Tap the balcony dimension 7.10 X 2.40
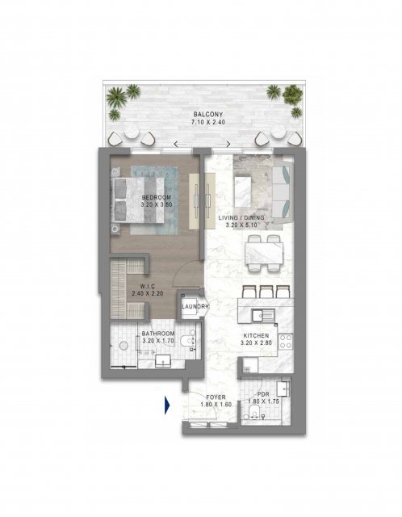pos(208,122)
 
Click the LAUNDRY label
pos(195,306)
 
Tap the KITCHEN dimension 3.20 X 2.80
pos(256,343)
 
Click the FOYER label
pos(216,397)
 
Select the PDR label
pos(263,394)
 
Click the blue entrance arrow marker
pos(167,406)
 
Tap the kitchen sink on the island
pos(263,316)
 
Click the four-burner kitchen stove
pos(285,341)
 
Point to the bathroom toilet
pos(188,340)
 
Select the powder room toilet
pos(254,412)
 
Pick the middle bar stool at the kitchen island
pos(266,292)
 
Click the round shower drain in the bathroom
pos(124,346)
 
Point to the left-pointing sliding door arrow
pos(181,144)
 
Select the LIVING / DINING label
pos(241,217)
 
